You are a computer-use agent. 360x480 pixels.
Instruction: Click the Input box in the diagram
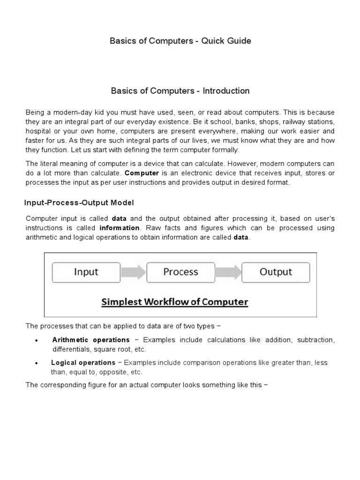86,272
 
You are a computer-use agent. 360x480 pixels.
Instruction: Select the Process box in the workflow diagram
180,272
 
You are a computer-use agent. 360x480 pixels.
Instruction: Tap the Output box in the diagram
276,272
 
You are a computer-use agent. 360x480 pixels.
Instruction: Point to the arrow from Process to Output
228,272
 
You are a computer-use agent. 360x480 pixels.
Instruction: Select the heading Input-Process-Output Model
79,202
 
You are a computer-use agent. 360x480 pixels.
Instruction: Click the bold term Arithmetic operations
91,339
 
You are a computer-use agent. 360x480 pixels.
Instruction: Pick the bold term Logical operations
83,362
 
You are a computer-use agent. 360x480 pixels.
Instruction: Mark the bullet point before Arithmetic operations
36,340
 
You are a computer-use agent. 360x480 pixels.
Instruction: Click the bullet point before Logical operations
36,363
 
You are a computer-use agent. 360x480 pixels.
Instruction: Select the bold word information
120,228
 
